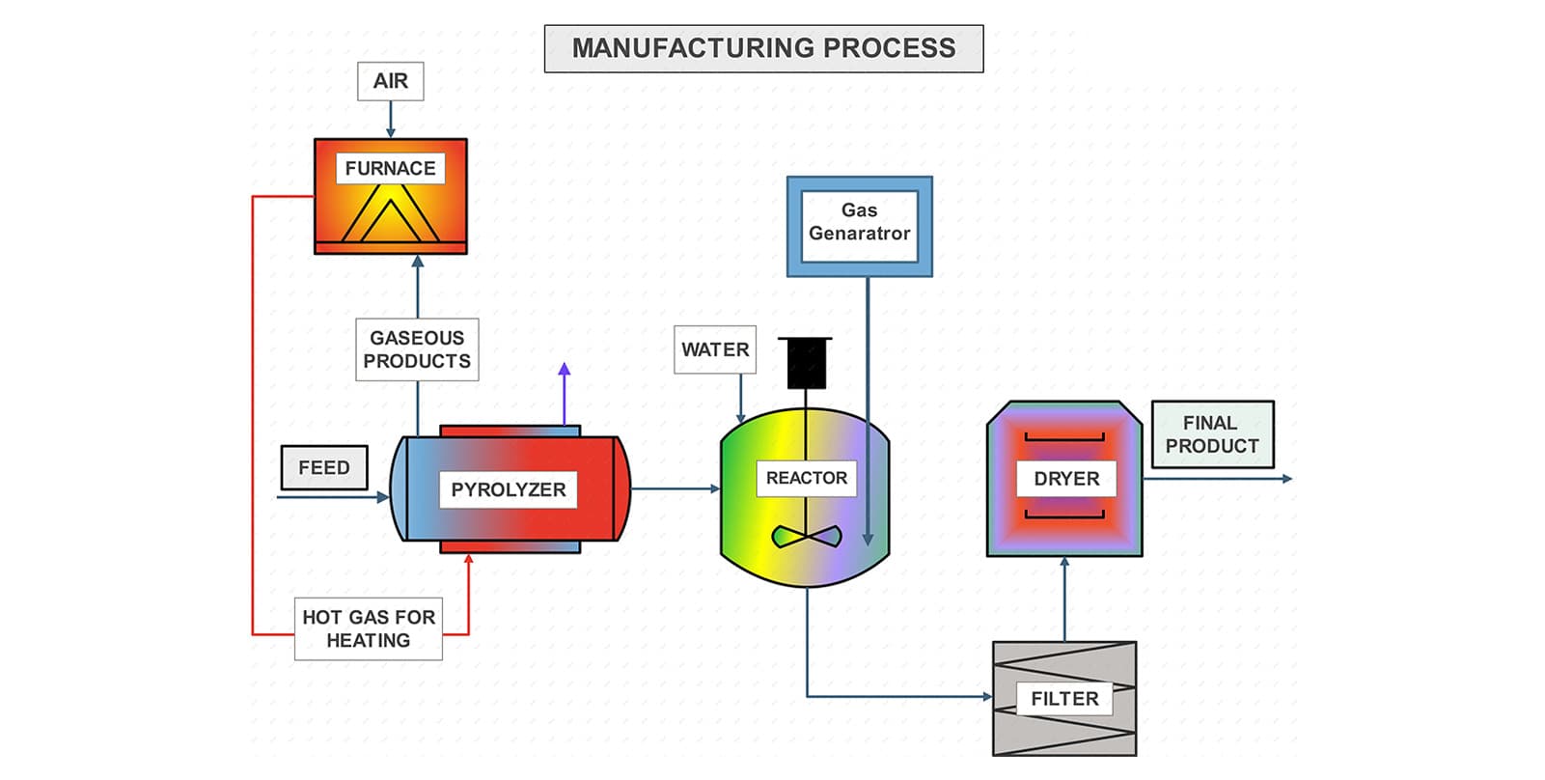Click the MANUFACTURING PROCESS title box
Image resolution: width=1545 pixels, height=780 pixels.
(763, 48)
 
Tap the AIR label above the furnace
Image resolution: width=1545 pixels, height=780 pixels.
(391, 81)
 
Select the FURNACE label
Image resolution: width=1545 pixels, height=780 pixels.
(390, 168)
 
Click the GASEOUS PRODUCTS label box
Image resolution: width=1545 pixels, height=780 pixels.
(417, 349)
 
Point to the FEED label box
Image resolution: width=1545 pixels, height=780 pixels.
(324, 468)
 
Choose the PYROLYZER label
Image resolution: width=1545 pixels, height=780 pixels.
(509, 489)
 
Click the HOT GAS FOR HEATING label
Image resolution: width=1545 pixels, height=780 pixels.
(369, 628)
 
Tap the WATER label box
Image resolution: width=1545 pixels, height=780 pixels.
(715, 349)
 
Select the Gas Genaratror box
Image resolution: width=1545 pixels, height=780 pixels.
(859, 226)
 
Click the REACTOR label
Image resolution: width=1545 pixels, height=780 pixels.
(807, 478)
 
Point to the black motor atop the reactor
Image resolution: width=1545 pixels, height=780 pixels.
(806, 363)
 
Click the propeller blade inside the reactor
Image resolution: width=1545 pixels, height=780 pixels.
(807, 536)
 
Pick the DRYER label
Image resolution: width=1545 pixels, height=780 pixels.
(1066, 479)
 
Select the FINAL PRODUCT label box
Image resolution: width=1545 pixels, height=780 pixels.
(1212, 434)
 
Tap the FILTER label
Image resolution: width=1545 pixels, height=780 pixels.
(1064, 699)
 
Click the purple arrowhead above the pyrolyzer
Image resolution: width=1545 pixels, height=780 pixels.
(565, 369)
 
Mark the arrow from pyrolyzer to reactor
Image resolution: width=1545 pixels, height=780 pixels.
(676, 488)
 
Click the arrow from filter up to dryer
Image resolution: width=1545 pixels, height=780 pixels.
(1065, 599)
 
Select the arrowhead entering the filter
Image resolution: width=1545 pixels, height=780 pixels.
(986, 696)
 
